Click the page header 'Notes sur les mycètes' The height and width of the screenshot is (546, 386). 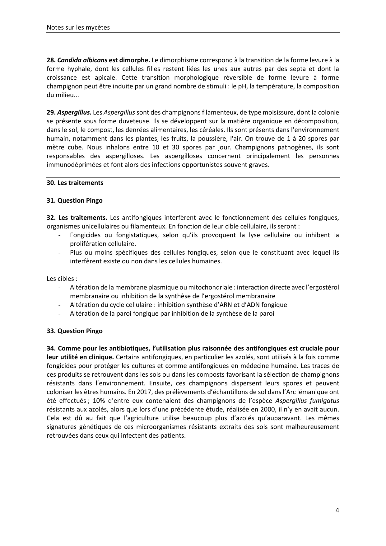[78, 27]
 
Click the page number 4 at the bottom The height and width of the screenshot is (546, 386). [337, 510]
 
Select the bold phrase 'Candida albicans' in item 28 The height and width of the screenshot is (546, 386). [82, 60]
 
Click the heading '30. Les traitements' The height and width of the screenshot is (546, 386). [75, 183]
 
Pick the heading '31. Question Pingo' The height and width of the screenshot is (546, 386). [75, 200]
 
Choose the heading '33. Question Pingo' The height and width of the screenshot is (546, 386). [75, 331]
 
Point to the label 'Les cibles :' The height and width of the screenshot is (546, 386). [62, 279]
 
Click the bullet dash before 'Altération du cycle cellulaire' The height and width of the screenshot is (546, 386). [59, 305]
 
